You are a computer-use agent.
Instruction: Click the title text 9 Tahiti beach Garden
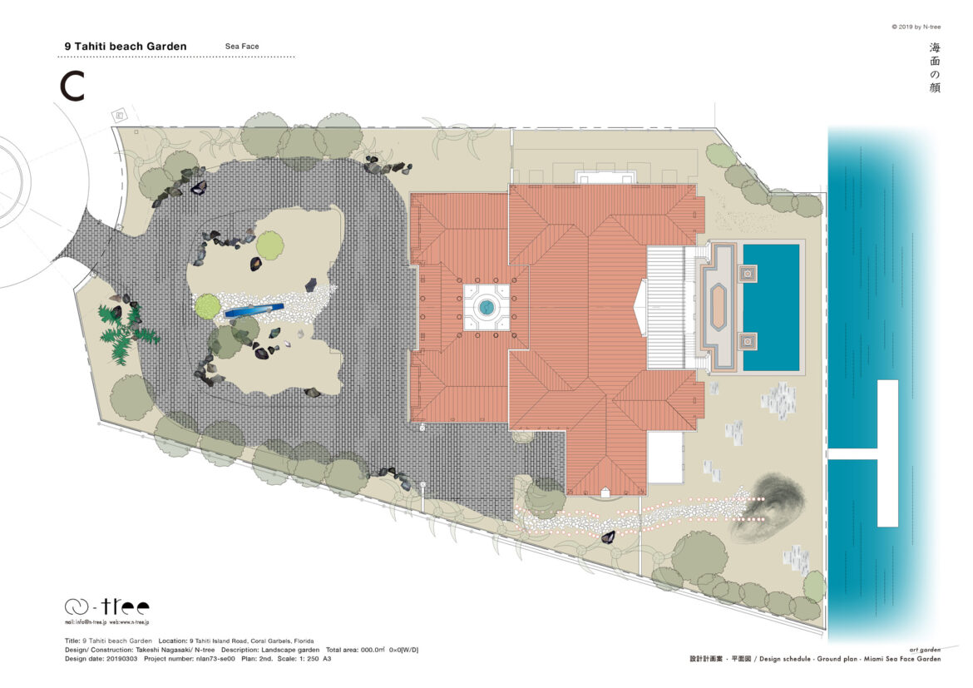[x=126, y=47]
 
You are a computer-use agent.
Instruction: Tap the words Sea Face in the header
[x=242, y=47]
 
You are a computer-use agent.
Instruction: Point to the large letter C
[x=72, y=87]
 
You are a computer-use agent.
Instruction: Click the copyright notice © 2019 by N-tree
[x=916, y=27]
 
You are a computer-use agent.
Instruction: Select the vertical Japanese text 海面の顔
[x=935, y=67]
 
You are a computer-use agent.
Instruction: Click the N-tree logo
[x=107, y=606]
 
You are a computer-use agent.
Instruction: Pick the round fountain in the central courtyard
[x=486, y=308]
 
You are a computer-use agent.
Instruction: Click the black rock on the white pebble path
[x=608, y=537]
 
